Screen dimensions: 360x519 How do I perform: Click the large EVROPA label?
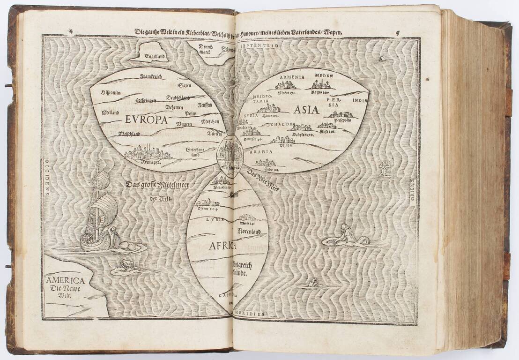click(146, 120)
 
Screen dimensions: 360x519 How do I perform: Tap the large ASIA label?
click(306, 111)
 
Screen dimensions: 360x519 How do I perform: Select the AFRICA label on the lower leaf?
click(209, 245)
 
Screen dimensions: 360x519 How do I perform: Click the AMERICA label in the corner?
click(65, 281)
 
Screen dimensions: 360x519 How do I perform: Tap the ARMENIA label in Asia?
click(292, 77)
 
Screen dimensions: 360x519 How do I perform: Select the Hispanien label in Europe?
click(111, 93)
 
